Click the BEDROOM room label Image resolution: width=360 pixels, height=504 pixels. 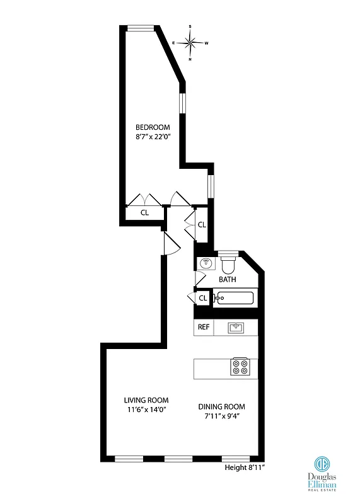pos(153,127)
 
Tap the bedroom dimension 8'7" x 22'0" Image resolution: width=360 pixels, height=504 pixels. pos(153,137)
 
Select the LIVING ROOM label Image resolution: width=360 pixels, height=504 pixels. pos(146,400)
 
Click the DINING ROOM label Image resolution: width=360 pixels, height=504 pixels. pos(221,406)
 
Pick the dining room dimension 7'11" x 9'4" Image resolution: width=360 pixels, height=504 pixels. pos(221,416)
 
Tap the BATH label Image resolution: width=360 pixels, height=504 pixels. pos(227,279)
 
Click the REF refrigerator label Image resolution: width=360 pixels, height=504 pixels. pos(204,327)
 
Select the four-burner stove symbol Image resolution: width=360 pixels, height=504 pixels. pos(240,367)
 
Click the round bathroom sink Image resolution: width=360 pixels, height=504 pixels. pos(204,264)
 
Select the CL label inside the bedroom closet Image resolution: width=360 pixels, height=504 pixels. pos(144,213)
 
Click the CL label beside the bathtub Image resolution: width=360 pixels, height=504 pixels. pos(203,298)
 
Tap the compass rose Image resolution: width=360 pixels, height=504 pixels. pos(190,43)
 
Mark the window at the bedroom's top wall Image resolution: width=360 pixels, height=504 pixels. pos(140,27)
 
